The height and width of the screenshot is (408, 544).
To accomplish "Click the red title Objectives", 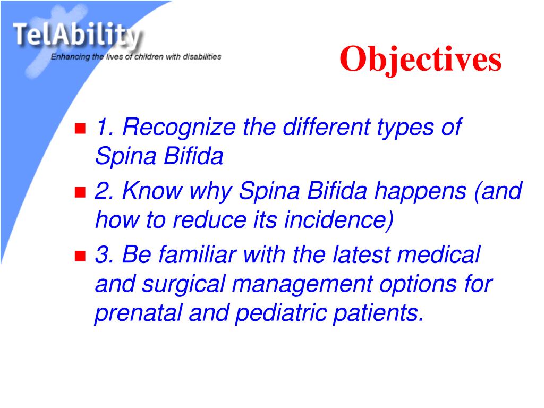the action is coord(421,59).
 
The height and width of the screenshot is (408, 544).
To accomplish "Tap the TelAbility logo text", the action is coord(77,36).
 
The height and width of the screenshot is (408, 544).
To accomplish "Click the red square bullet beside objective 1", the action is coord(80,129).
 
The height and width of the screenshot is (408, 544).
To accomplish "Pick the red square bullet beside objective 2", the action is coord(80,192).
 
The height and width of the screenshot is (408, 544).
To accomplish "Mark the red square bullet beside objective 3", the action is coord(80,256).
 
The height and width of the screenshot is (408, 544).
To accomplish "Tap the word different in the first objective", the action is coord(327,127).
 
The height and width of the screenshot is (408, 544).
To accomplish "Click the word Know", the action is coord(152,191).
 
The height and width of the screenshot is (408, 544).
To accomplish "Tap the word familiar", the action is coord(198,254).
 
